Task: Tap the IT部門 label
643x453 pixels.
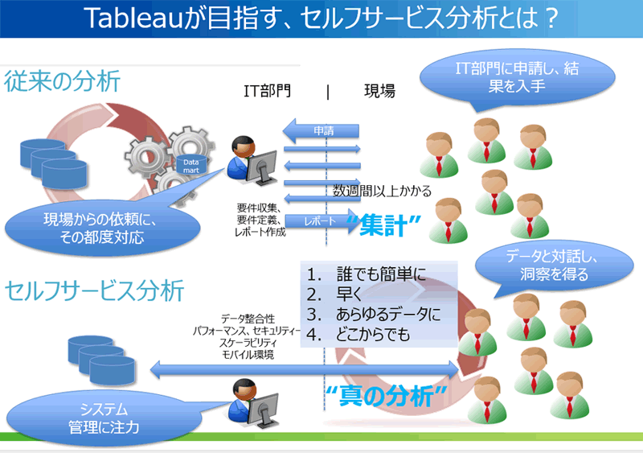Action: [268, 91]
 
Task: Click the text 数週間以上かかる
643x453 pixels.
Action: [383, 191]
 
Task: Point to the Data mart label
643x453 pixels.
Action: [192, 165]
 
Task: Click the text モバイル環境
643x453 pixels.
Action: [248, 355]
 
